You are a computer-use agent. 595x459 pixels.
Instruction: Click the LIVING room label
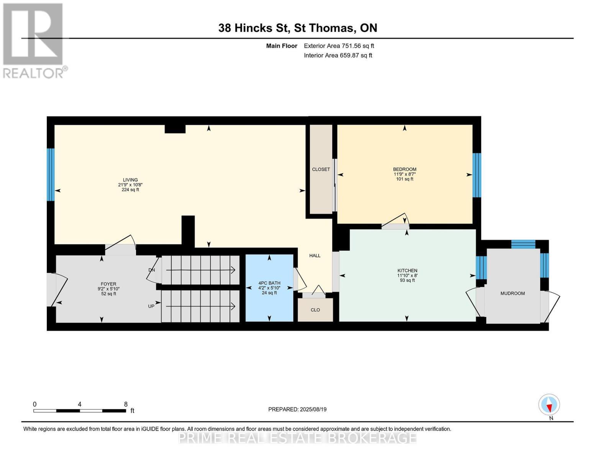[130, 180]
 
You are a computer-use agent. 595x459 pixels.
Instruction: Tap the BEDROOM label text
[405, 169]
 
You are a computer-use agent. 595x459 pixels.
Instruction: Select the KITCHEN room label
[407, 270]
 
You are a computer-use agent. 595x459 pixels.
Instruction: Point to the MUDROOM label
[512, 293]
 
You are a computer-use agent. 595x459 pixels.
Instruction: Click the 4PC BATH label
[269, 283]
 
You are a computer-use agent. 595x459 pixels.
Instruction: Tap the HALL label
[315, 256]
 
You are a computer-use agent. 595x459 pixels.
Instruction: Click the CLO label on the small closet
[315, 310]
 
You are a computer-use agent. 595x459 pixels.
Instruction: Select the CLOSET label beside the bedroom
[321, 169]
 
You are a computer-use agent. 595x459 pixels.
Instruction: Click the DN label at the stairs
[152, 270]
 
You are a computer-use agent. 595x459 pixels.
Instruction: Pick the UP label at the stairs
[151, 306]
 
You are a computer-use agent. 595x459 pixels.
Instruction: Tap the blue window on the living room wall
[51, 174]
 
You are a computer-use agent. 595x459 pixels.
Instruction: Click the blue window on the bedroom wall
[477, 175]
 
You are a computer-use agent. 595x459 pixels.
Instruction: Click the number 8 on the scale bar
[126, 404]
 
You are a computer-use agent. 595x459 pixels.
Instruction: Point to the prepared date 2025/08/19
[297, 409]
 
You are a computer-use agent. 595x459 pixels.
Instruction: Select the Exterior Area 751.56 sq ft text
[339, 46]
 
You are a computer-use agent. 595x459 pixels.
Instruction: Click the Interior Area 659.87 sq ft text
[338, 55]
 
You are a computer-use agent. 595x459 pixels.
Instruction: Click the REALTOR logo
[34, 40]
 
